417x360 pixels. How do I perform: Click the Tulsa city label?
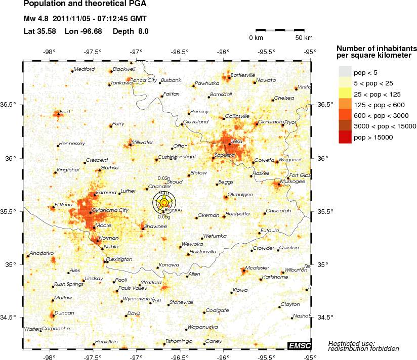click(237, 142)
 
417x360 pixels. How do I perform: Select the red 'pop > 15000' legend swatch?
click(345, 137)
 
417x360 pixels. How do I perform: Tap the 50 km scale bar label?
click(304, 38)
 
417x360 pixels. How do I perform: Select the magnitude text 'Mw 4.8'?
click(36, 19)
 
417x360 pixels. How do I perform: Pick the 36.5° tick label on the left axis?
click(11, 105)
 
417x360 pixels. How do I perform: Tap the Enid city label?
click(65, 111)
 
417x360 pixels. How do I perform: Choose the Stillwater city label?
click(142, 143)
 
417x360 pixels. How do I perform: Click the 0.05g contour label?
click(163, 217)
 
